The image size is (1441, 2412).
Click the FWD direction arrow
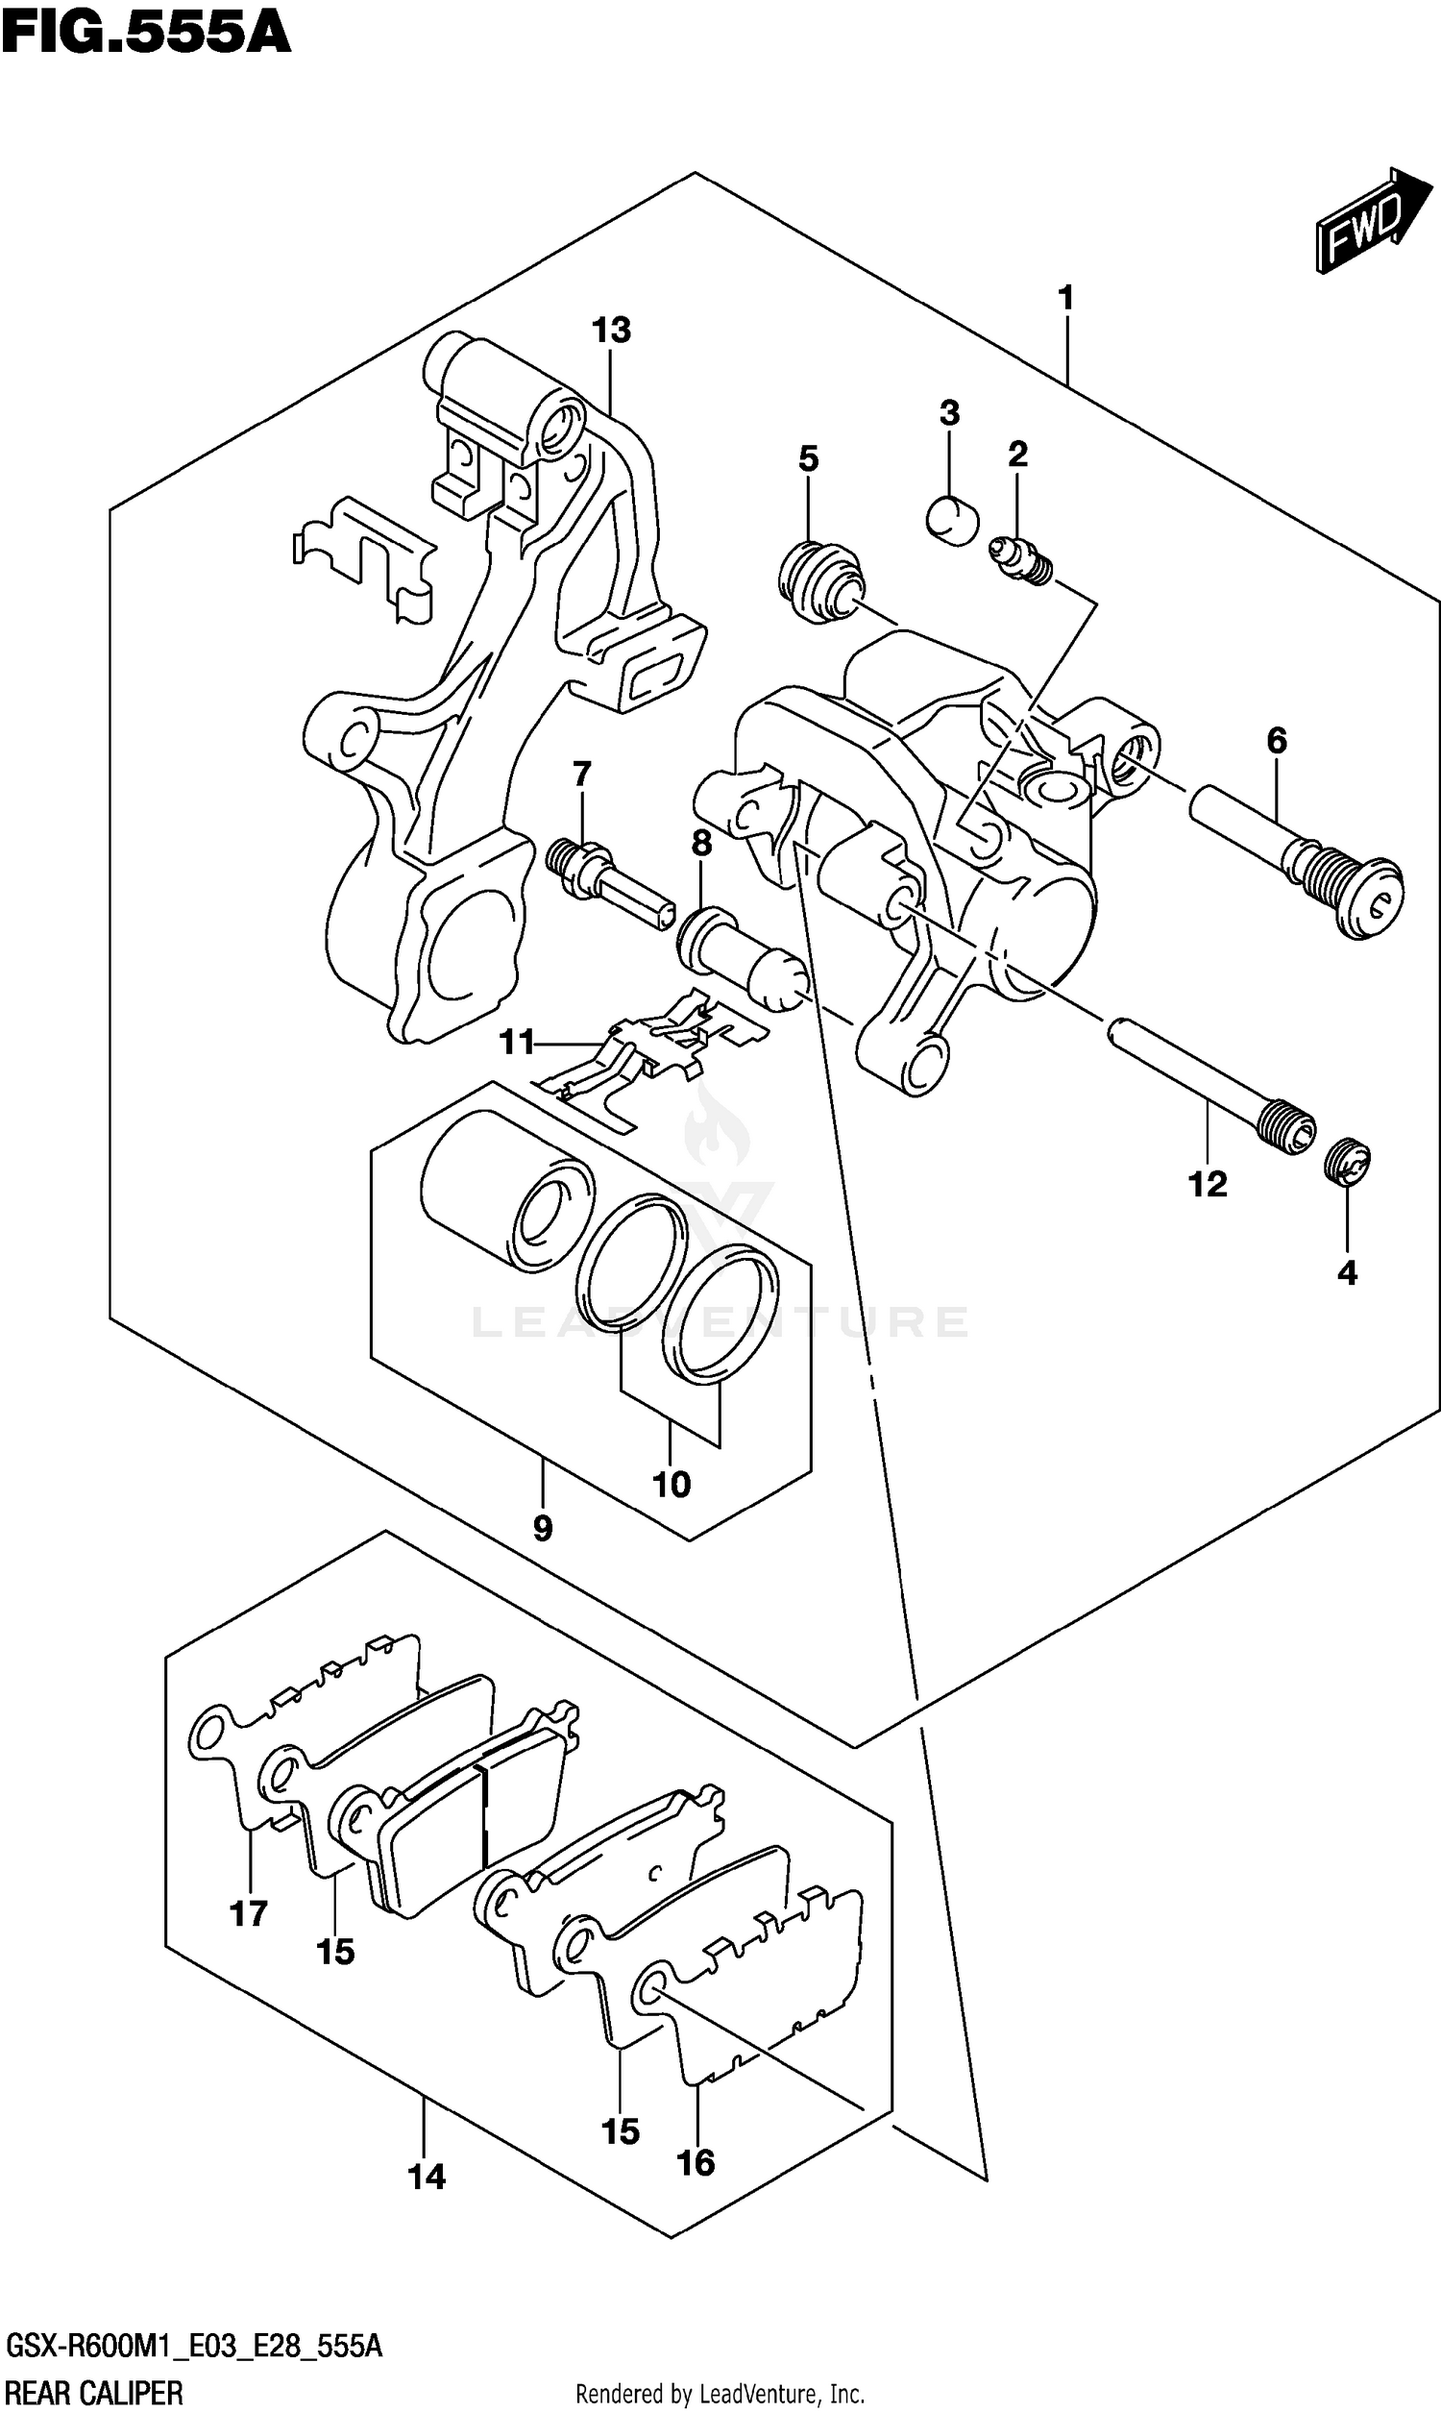pyautogui.click(x=1372, y=222)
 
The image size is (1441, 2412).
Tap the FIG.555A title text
pyautogui.click(x=146, y=33)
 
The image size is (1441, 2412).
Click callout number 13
pyautogui.click(x=611, y=332)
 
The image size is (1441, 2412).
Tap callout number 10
pyautogui.click(x=671, y=1485)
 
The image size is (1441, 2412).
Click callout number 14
pyautogui.click(x=427, y=2178)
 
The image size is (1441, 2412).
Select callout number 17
pyautogui.click(x=249, y=1914)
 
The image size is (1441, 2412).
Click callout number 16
pyautogui.click(x=696, y=2162)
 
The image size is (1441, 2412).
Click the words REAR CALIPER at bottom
pyautogui.click(x=94, y=2393)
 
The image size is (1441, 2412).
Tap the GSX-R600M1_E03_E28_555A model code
pyautogui.click(x=193, y=2348)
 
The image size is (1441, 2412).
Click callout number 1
pyautogui.click(x=1065, y=298)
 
